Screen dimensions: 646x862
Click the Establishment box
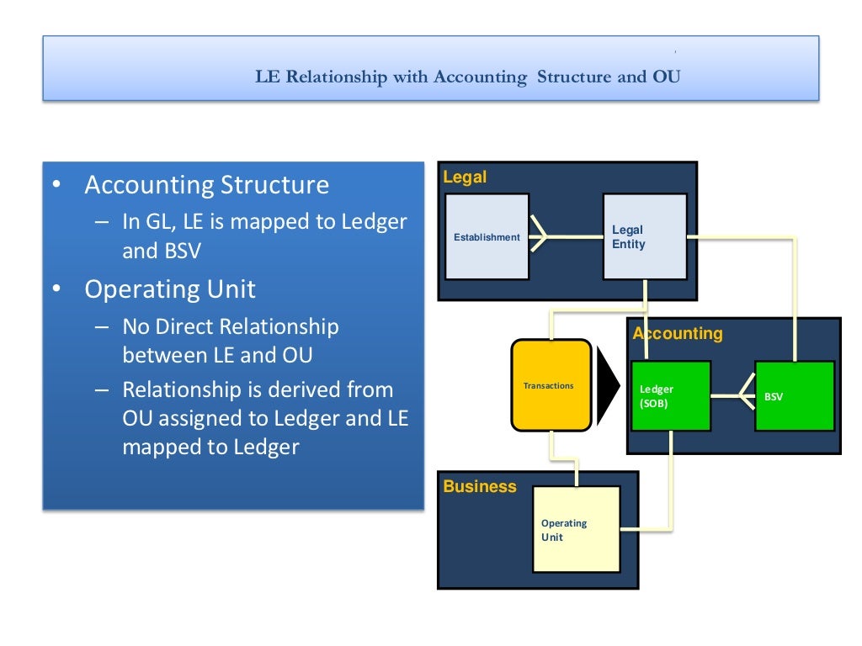(x=487, y=236)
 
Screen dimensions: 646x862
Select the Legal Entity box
(x=644, y=236)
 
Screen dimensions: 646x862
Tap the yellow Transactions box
(x=551, y=385)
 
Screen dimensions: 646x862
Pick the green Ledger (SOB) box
(x=670, y=396)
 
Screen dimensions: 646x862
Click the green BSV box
(x=794, y=396)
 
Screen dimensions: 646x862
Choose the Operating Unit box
(x=576, y=529)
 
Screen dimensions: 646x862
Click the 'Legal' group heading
(x=465, y=177)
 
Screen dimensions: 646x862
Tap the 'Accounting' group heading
(x=678, y=333)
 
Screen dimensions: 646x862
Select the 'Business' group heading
(x=480, y=486)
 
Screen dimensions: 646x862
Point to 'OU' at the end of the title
(x=666, y=77)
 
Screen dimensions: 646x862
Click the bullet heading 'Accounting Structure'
(x=206, y=185)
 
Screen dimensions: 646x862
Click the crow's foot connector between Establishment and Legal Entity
(x=539, y=237)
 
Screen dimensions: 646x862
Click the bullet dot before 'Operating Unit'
(x=56, y=289)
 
